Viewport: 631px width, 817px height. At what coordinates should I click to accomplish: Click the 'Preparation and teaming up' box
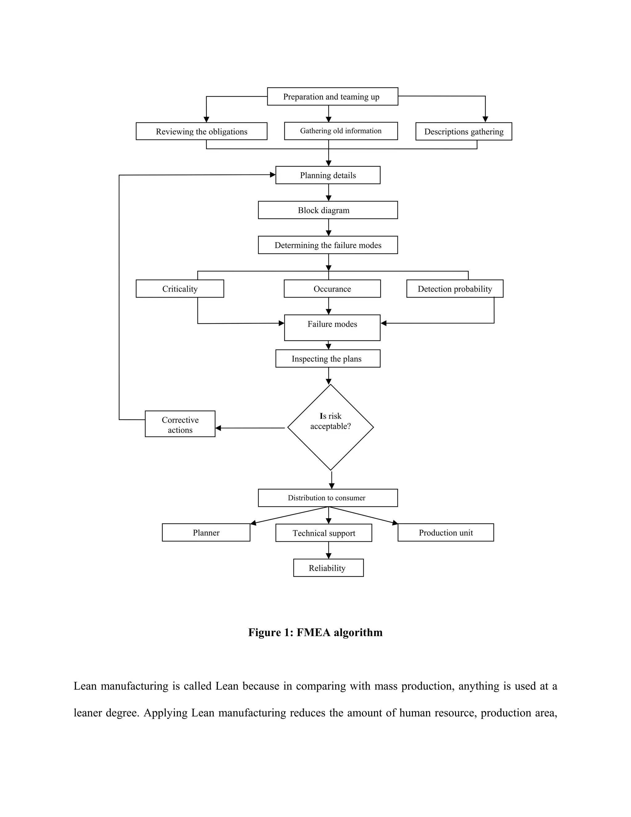pyautogui.click(x=332, y=96)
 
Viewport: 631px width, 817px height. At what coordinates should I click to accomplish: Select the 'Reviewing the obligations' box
pyautogui.click(x=202, y=131)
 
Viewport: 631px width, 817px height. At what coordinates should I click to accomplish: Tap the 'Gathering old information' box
pyautogui.click(x=340, y=131)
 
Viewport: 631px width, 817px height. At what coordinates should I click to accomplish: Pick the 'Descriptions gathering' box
pyautogui.click(x=463, y=131)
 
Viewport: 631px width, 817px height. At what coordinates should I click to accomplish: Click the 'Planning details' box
pyautogui.click(x=328, y=175)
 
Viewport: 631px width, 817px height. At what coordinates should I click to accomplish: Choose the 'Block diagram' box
pyautogui.click(x=328, y=210)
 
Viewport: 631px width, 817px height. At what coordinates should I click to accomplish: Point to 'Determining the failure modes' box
pyautogui.click(x=328, y=245)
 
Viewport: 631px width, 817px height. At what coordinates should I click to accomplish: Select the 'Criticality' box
pyautogui.click(x=180, y=289)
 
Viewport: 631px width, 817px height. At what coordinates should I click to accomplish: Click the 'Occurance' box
pyautogui.click(x=332, y=289)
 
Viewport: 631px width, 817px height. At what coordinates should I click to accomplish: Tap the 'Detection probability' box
pyautogui.click(x=454, y=289)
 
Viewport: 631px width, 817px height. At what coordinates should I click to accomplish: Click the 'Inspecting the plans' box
pyautogui.click(x=328, y=358)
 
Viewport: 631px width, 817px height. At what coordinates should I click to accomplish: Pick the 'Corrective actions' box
pyautogui.click(x=180, y=424)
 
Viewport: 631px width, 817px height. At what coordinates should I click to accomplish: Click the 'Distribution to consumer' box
pyautogui.click(x=328, y=498)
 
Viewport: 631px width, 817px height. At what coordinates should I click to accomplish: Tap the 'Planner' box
pyautogui.click(x=206, y=532)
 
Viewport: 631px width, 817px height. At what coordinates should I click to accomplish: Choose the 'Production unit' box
pyautogui.click(x=446, y=532)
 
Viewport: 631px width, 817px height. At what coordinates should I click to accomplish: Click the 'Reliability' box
pyautogui.click(x=328, y=568)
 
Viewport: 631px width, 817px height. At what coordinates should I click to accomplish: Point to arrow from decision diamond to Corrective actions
pyautogui.click(x=250, y=428)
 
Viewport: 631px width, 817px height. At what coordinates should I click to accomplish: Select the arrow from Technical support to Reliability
pyautogui.click(x=328, y=550)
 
